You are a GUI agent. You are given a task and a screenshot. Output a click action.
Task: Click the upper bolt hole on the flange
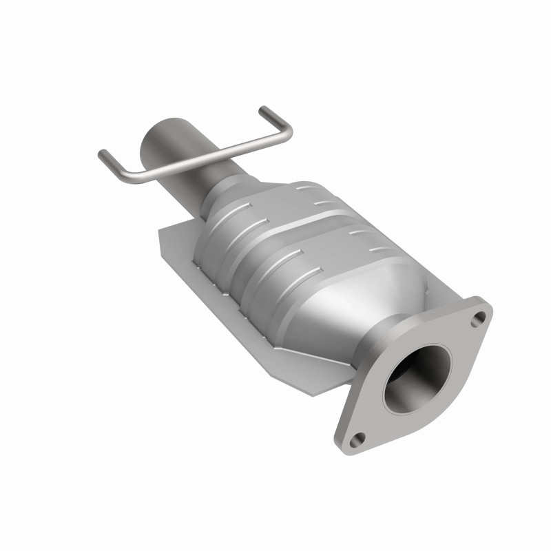click(479, 318)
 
